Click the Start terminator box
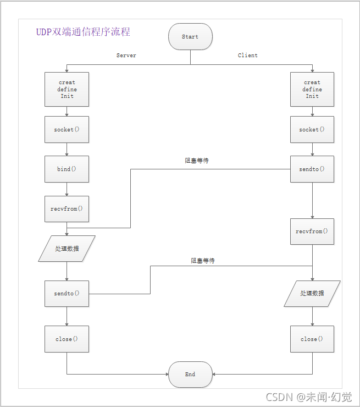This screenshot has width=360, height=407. [190, 37]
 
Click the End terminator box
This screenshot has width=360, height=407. [190, 375]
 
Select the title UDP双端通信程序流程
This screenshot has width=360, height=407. [84, 32]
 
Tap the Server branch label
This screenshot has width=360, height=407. [126, 56]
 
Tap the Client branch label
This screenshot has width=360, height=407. [248, 56]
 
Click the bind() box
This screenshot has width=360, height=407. [67, 169]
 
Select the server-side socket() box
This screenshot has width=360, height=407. [67, 130]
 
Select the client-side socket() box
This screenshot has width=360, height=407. [312, 130]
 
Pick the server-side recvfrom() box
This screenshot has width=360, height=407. [67, 209]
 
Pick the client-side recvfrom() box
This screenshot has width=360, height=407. [312, 232]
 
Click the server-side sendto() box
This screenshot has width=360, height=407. [67, 294]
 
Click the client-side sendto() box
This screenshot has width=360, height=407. [312, 169]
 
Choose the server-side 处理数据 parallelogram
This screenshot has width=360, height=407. [67, 249]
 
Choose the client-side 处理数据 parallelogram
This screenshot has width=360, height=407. [312, 293]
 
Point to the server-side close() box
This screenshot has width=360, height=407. [67, 339]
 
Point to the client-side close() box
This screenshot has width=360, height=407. [312, 339]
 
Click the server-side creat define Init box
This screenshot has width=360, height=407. [67, 89]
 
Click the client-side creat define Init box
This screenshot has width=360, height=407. [312, 89]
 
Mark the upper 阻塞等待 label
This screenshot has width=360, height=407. [196, 161]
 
